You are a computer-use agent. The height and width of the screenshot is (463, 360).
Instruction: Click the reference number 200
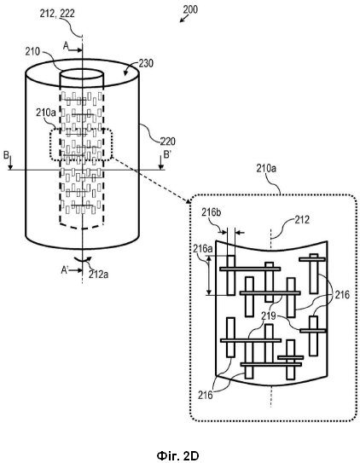point(190,9)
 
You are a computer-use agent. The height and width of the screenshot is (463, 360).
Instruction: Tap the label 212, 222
point(57,14)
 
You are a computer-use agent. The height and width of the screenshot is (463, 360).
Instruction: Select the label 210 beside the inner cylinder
point(32,52)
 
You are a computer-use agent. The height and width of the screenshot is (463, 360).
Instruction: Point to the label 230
point(147,63)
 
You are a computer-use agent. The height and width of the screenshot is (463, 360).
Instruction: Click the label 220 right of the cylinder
point(168,142)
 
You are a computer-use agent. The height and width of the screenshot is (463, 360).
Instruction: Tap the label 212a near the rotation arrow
point(98,274)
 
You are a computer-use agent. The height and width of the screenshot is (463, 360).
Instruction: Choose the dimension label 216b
point(212,212)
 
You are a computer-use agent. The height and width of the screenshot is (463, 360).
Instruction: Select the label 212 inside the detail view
point(302,219)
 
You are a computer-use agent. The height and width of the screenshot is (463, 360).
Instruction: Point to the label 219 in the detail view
point(268,316)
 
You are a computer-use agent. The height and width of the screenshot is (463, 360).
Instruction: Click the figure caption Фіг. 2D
point(177,455)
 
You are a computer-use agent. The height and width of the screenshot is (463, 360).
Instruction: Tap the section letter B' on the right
point(167,154)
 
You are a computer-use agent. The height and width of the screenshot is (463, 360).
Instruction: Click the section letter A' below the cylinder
point(65,269)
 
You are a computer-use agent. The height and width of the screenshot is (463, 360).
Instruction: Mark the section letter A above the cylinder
point(66,45)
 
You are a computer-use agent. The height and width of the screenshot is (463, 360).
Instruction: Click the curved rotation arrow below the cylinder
point(83,259)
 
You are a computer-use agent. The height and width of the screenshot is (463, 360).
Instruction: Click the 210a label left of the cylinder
point(46,113)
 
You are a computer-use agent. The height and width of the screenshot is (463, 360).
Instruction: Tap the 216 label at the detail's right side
point(342,294)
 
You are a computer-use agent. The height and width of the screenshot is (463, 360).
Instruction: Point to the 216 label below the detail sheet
point(206,395)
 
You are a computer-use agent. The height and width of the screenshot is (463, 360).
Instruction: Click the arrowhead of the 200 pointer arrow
point(180,21)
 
